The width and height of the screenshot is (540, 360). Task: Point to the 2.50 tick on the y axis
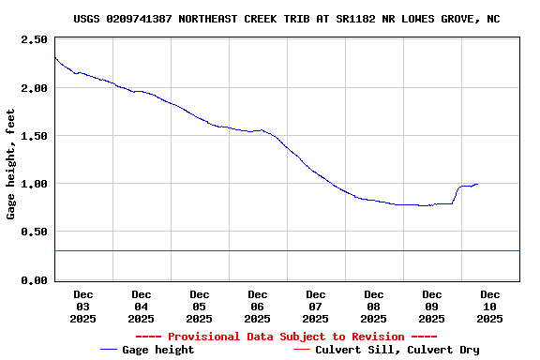[33, 40]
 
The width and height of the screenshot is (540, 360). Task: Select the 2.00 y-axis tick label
[33, 88]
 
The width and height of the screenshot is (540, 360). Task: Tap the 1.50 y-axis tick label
[33, 136]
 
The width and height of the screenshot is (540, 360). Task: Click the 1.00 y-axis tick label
[33, 184]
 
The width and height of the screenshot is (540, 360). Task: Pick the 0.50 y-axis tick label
[33, 232]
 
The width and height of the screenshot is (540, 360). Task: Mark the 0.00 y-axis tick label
[33, 279]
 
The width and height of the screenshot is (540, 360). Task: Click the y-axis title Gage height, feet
[11, 164]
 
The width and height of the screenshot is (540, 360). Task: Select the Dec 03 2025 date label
[83, 307]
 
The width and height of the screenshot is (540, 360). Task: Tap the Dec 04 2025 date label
[142, 307]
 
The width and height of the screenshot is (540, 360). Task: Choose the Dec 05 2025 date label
[200, 307]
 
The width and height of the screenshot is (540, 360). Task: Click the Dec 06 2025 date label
[258, 307]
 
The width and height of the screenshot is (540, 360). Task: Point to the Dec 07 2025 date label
[316, 307]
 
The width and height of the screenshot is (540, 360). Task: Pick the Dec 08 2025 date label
[374, 307]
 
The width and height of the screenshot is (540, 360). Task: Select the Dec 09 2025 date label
[432, 307]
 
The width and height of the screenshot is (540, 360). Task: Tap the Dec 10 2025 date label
[490, 307]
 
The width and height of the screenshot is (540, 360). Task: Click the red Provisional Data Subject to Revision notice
[286, 337]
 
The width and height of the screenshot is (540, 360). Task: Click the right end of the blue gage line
[477, 184]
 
